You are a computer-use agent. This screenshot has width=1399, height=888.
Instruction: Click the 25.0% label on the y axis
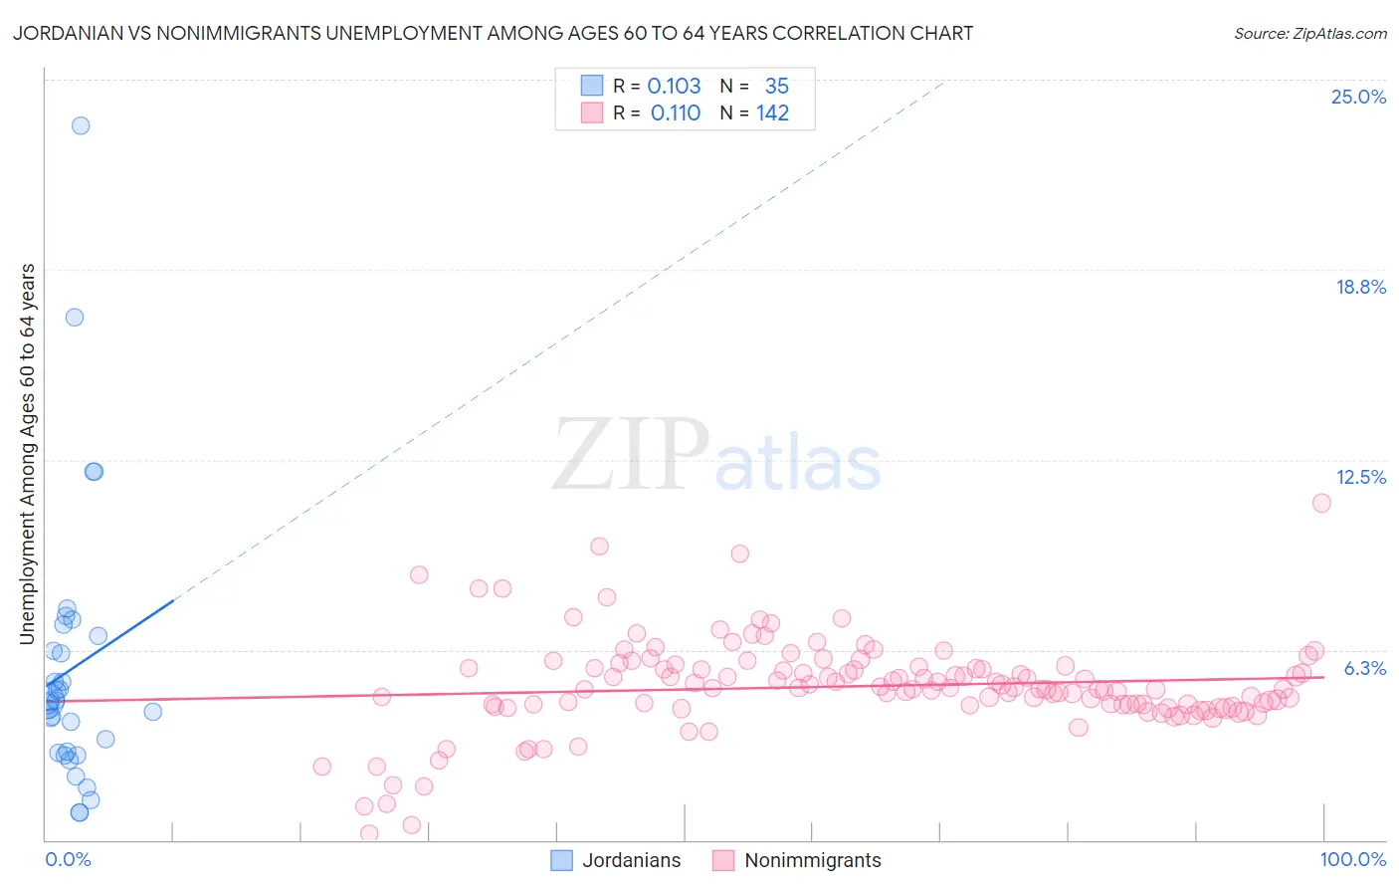(x=1358, y=97)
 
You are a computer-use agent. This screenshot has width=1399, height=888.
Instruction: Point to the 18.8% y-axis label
(x=1360, y=287)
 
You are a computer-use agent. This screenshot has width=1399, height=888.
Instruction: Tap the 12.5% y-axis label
(x=1360, y=477)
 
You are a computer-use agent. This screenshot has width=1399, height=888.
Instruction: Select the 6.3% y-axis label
(x=1364, y=668)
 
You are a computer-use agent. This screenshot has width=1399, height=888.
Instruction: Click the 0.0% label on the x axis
(x=68, y=859)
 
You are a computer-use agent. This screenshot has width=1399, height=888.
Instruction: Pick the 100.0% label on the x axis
(x=1352, y=859)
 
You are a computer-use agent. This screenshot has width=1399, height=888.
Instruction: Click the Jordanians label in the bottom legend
(x=631, y=860)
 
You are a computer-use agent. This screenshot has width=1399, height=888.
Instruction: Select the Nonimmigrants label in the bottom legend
(x=812, y=860)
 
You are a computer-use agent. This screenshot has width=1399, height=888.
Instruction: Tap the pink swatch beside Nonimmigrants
(x=723, y=860)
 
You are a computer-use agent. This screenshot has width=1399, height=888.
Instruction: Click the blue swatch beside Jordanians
(x=561, y=860)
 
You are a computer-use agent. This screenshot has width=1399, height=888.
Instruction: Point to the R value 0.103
(x=674, y=86)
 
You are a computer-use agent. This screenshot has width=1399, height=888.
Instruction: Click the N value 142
(x=772, y=113)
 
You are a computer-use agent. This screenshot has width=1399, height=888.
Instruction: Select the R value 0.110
(x=675, y=113)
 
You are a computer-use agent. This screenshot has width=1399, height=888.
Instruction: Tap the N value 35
(x=776, y=86)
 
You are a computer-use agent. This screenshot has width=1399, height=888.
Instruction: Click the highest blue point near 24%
(x=81, y=125)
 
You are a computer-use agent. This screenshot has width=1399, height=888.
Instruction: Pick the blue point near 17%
(x=75, y=318)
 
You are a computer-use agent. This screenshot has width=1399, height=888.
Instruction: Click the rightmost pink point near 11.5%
(x=1321, y=503)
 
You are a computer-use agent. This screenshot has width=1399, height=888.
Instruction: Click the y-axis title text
(x=27, y=454)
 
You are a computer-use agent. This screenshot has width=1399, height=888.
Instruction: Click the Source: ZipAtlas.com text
(x=1309, y=34)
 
